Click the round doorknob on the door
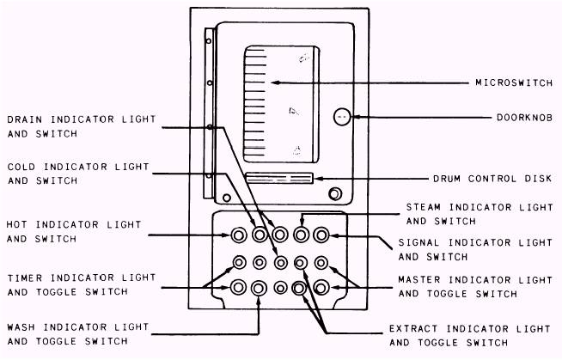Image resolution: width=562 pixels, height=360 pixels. [x=341, y=116]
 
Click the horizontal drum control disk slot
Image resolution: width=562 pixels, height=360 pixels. [x=278, y=179]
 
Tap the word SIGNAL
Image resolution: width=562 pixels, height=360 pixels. [x=420, y=242]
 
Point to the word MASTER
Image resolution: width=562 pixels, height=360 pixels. [x=420, y=279]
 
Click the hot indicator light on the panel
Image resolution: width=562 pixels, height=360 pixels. [x=238, y=234]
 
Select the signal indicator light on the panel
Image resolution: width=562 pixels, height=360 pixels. [x=321, y=234]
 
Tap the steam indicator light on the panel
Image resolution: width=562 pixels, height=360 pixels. [x=301, y=234]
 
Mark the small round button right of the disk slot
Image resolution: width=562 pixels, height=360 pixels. [x=335, y=192]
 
